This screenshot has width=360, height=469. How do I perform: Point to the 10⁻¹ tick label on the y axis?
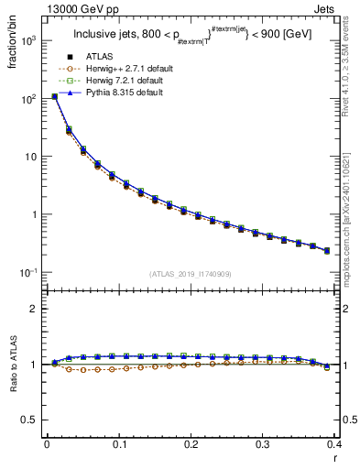pyautogui.click(x=29, y=272)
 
